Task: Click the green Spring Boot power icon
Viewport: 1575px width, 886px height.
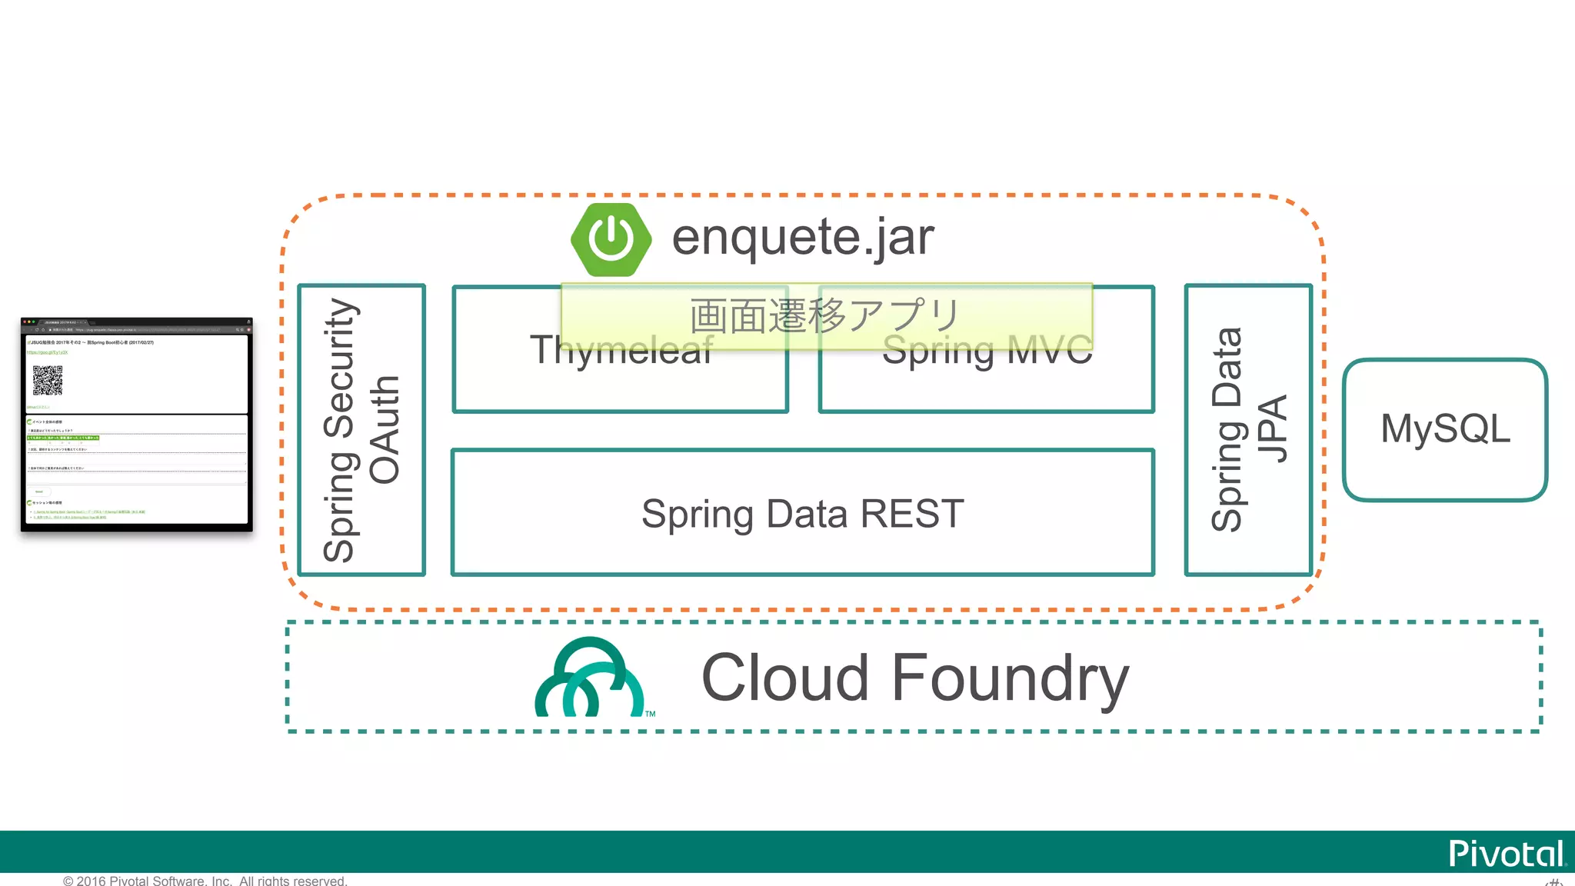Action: pos(611,239)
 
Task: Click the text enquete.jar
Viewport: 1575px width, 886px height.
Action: pos(803,237)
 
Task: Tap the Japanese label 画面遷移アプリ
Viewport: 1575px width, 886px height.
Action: pos(825,316)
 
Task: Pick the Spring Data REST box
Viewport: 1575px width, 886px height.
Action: pos(802,514)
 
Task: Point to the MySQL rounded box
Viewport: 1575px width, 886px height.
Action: pos(1444,429)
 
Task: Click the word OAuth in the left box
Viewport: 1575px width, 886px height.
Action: pos(385,430)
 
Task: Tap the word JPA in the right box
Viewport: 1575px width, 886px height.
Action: pos(1273,430)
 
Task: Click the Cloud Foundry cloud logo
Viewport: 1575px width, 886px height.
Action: pos(590,678)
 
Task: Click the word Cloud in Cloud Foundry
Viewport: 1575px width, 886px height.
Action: pos(784,678)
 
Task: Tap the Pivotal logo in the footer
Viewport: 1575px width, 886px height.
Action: pos(1506,854)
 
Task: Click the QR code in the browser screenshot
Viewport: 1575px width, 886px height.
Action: pos(48,380)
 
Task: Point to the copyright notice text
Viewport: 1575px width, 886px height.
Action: pos(205,881)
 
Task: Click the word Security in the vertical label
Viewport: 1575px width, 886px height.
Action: pos(339,368)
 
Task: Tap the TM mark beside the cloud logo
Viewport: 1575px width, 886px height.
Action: pos(651,714)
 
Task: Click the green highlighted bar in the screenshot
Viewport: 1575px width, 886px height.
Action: pos(63,438)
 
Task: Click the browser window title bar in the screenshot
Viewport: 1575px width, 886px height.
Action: pos(136,321)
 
